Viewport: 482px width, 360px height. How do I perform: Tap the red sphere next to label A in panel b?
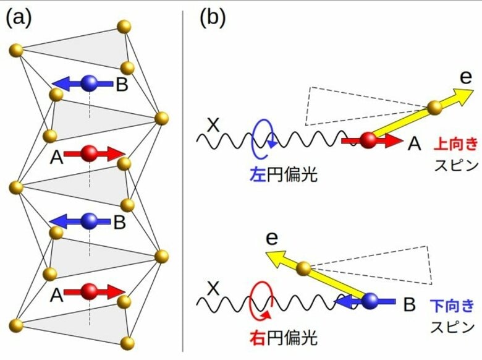coord(368,140)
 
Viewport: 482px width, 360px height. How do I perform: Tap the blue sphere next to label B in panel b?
coord(370,301)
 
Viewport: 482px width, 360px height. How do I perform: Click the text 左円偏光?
coord(282,175)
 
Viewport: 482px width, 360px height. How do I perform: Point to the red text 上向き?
coord(456,144)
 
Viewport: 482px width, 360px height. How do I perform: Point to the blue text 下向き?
coord(454,305)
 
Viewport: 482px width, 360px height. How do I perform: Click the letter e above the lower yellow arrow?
coord(269,239)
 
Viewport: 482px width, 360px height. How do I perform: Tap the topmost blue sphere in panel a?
coord(90,82)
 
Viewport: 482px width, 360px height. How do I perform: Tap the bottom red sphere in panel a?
coord(90,290)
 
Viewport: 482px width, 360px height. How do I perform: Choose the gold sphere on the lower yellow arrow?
coord(303,268)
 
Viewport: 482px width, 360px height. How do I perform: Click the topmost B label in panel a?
coord(122,84)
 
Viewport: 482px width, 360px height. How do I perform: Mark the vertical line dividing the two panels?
coord(183,179)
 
